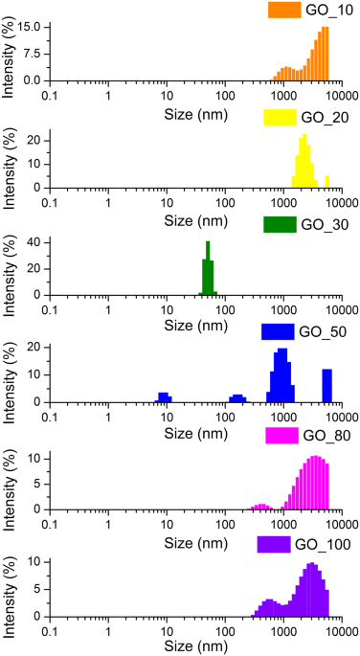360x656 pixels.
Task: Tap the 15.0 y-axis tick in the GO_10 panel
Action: pos(30,27)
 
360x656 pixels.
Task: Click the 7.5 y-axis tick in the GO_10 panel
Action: pos(34,54)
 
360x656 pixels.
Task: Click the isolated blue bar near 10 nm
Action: pos(165,397)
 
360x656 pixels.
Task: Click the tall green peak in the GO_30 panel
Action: pos(208,268)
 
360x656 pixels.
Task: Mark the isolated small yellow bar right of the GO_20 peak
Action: pos(326,182)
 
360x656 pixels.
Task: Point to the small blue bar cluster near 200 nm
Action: pos(236,398)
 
